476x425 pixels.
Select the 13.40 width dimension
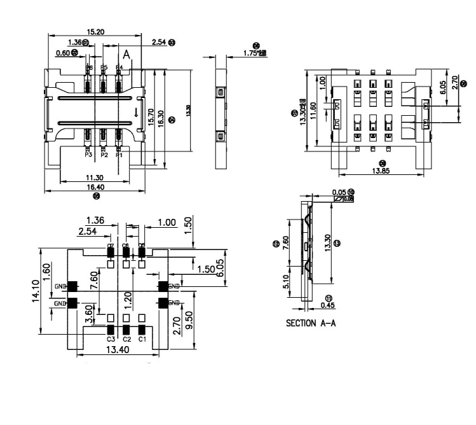tap(119, 350)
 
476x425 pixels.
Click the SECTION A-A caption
tap(311, 323)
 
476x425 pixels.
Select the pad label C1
tap(142, 339)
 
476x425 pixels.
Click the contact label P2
tap(104, 155)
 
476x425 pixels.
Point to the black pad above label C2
tap(126, 330)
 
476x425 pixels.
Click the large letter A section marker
tap(126, 55)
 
